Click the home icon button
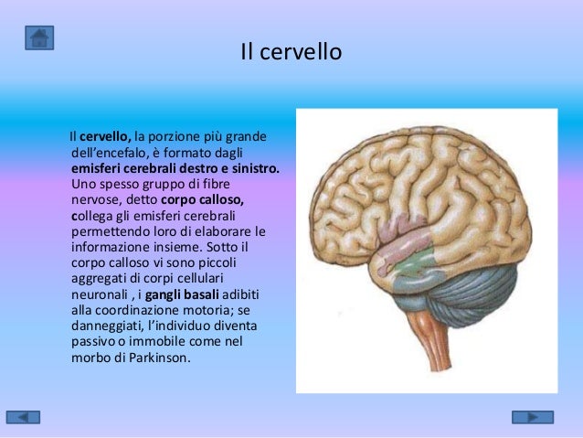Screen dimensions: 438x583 coord(39,37)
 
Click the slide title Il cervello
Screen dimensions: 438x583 coord(291,52)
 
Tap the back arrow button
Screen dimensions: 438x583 coord(29,417)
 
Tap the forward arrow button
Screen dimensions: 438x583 coord(532,417)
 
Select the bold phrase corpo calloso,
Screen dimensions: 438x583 coord(202,200)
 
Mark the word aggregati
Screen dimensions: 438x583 coord(100,279)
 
